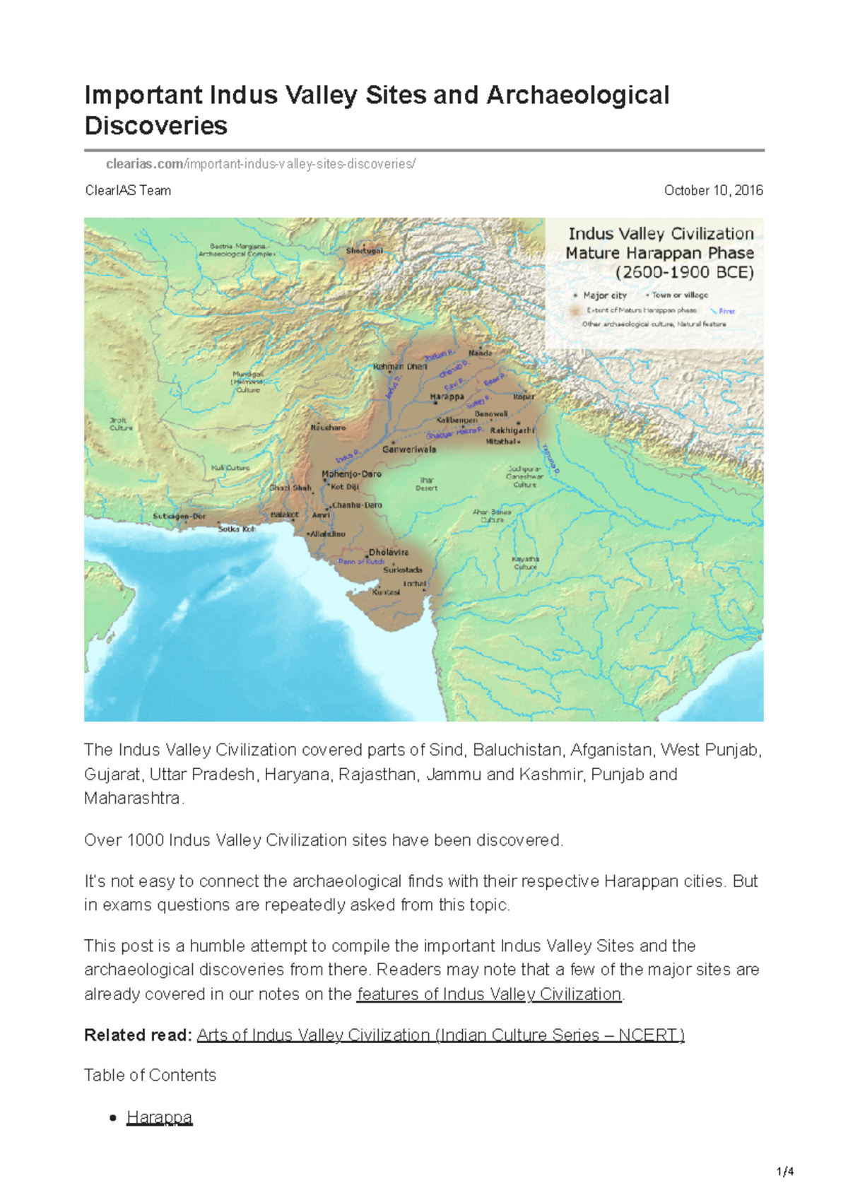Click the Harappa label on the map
coord(447,397)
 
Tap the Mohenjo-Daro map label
coord(351,474)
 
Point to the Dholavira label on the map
coord(389,553)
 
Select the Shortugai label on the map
coord(365,251)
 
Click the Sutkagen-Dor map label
coord(179,516)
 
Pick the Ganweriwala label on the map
coord(409,449)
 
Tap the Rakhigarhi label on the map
coord(512,430)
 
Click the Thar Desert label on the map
coord(427,484)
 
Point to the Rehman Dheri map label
coord(400,367)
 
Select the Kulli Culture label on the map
coord(230,468)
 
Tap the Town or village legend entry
coord(679,295)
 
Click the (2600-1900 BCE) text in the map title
coord(684,273)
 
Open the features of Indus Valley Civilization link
coord(489,994)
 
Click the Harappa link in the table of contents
coord(159,1117)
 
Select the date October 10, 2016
coord(713,191)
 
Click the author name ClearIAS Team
coord(128,191)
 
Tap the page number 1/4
coord(785,1172)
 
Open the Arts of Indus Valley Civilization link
coord(440,1035)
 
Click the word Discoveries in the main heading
coord(156,126)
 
